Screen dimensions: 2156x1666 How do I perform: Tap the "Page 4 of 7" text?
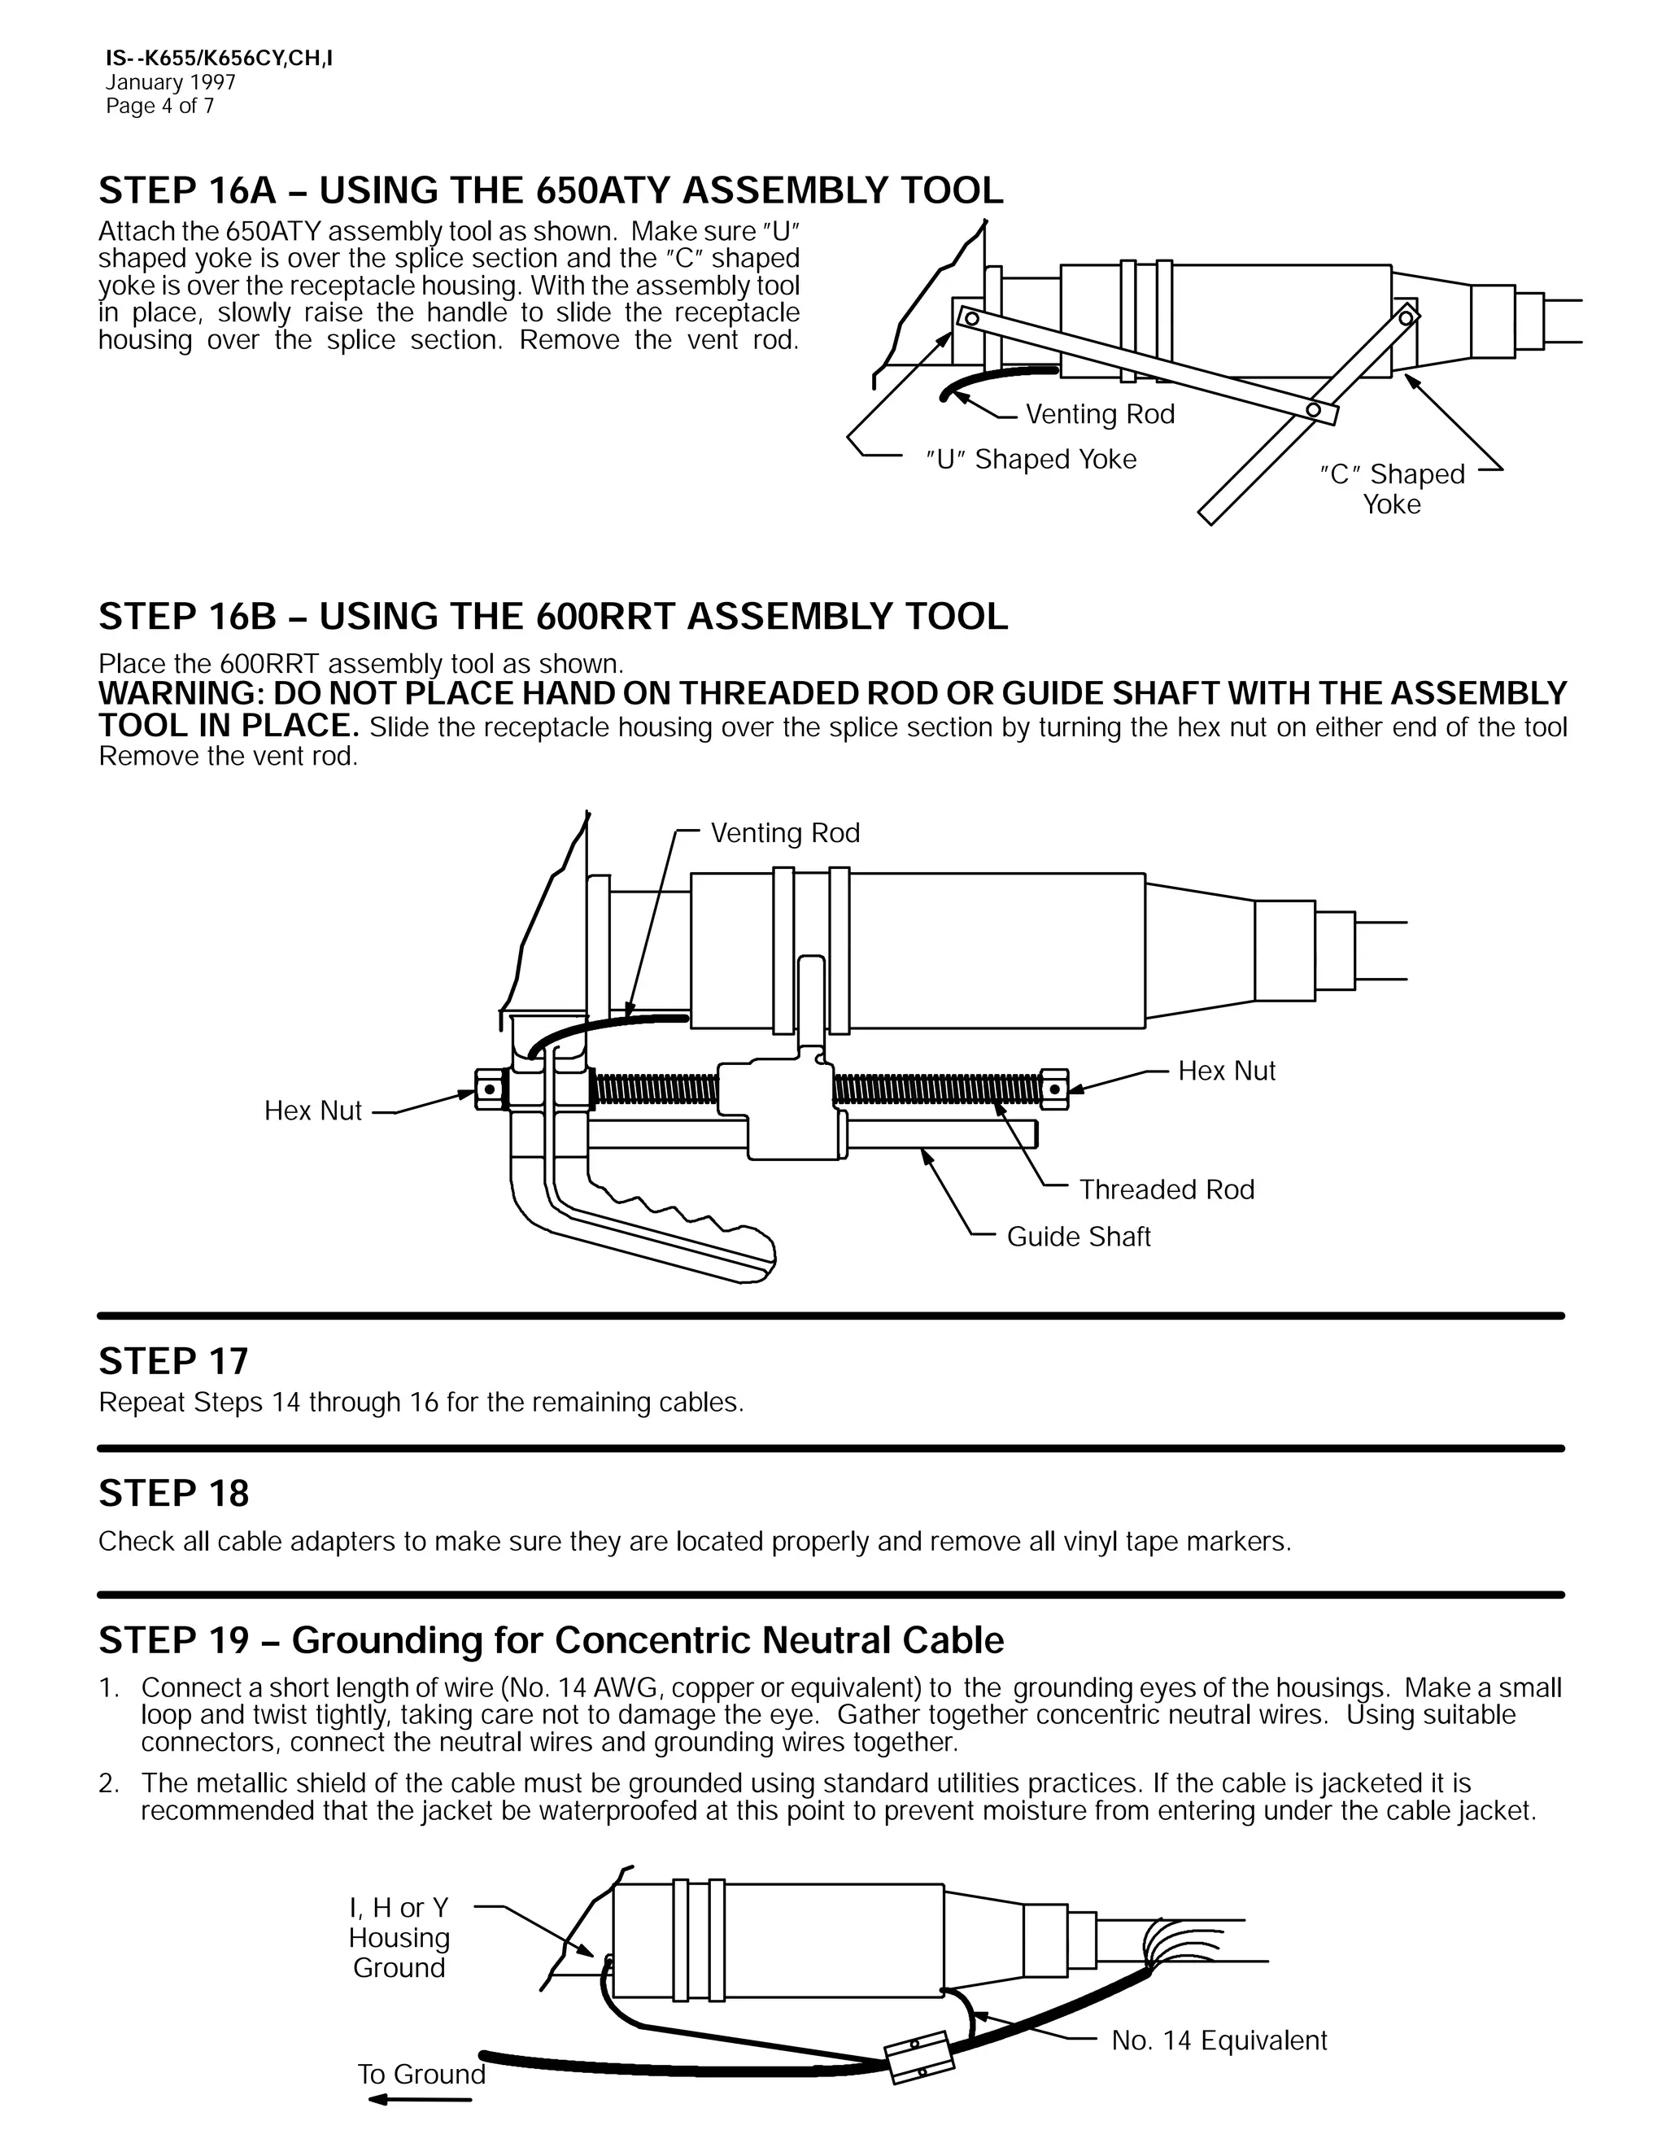coord(160,107)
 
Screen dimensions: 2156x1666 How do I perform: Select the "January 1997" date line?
coord(170,83)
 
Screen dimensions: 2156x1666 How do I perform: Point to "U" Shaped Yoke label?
coord(1031,459)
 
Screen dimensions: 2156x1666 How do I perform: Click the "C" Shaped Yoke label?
coord(1392,489)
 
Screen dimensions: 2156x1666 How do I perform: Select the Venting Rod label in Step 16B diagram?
coord(785,833)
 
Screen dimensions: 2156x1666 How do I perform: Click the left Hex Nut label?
coord(313,1111)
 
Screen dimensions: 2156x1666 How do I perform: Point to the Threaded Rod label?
coord(1166,1189)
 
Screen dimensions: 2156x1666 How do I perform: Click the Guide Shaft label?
coord(1078,1237)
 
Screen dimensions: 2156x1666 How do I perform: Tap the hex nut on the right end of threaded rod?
coord(1053,1089)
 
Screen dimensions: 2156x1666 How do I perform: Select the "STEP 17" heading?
coord(174,1361)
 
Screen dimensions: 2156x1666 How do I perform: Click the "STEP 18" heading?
coord(174,1494)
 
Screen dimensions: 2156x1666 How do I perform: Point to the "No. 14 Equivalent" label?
coord(1218,2040)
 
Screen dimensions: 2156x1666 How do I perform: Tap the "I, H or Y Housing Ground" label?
coord(399,1938)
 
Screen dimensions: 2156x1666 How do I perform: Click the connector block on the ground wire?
coord(921,2056)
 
